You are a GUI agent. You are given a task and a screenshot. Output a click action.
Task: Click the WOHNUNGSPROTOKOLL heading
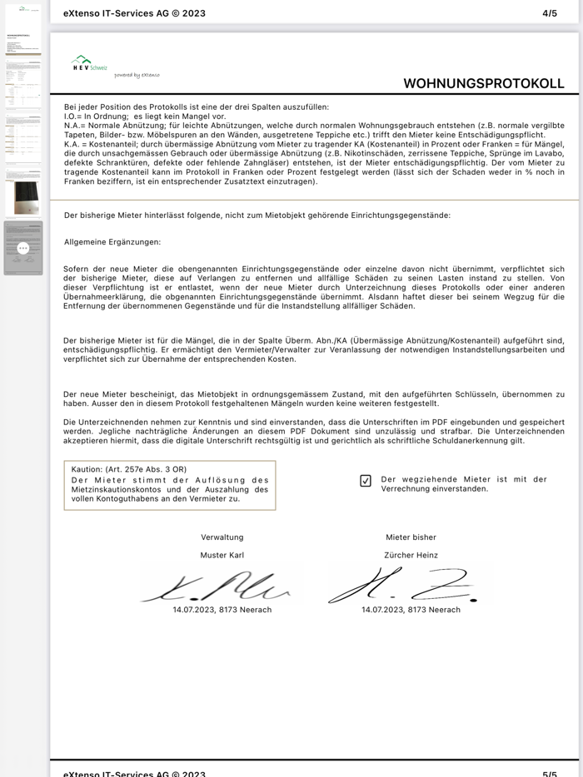click(483, 83)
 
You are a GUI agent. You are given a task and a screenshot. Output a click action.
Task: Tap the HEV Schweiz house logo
click(82, 62)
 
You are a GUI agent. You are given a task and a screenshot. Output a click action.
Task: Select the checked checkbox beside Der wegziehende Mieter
click(366, 481)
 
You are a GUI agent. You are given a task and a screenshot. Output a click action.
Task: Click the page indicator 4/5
click(550, 13)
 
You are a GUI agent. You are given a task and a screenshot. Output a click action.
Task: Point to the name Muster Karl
click(222, 555)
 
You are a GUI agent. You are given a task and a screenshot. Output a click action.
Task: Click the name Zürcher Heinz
click(411, 555)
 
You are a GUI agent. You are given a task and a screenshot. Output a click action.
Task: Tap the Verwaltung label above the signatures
click(222, 537)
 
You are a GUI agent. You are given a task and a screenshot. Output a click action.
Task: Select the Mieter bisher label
click(411, 537)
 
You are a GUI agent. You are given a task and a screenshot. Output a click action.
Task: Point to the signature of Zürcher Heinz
click(404, 586)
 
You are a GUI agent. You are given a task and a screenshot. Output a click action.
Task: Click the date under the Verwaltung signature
click(222, 610)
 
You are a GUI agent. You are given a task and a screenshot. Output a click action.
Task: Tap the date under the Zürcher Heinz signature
click(411, 610)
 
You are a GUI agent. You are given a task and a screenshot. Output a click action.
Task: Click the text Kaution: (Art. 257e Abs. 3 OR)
click(128, 469)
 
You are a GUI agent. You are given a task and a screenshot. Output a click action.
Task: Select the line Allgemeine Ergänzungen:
click(112, 242)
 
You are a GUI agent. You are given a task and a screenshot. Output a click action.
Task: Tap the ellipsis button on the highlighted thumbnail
click(23, 248)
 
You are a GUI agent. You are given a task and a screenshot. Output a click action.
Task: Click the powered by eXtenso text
click(137, 75)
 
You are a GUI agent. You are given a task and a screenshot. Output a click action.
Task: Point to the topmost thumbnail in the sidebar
click(23, 29)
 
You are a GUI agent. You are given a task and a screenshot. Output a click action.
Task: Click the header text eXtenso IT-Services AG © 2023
click(134, 13)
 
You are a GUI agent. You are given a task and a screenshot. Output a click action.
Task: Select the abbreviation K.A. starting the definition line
click(72, 143)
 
